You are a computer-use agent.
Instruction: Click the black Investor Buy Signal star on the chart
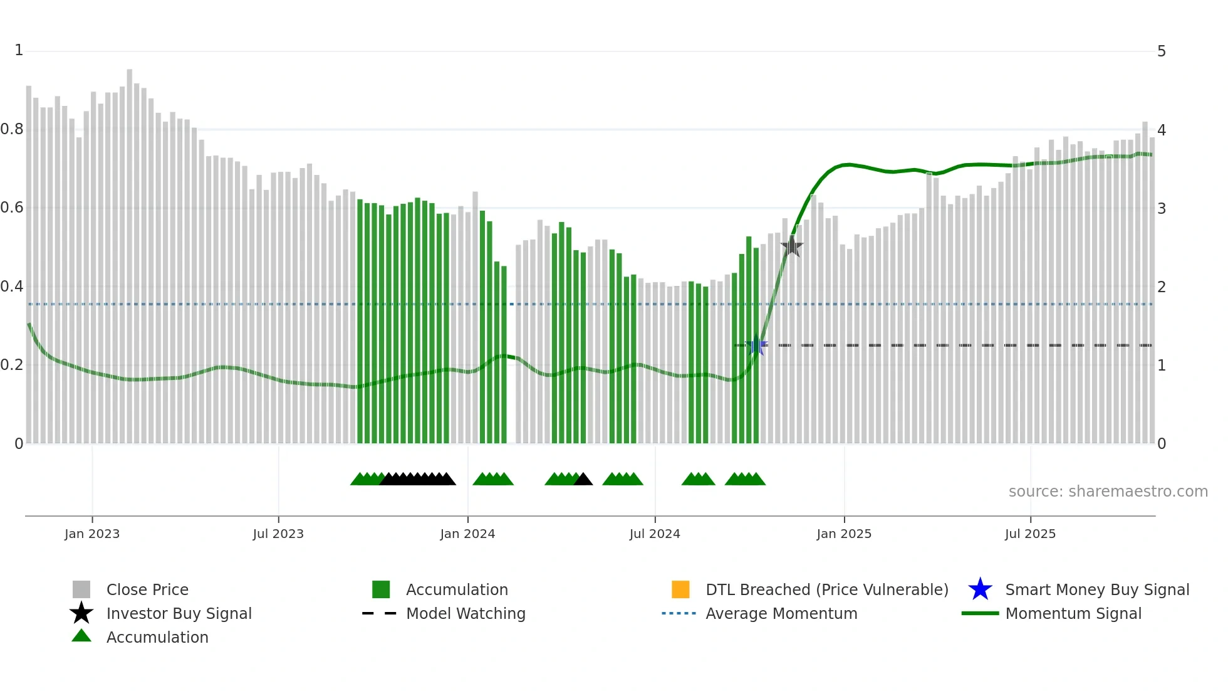(x=792, y=246)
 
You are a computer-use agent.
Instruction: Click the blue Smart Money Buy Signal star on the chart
(x=756, y=345)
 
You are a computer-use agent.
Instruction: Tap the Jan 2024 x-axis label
(x=467, y=534)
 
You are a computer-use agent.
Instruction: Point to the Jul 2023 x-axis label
(x=278, y=534)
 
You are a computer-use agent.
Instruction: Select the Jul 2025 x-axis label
(x=1030, y=534)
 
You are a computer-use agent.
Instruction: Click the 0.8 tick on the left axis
(x=12, y=129)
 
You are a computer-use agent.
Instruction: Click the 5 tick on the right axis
(x=1162, y=51)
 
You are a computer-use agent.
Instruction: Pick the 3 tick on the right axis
(x=1162, y=208)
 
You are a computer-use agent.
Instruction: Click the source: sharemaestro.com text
(x=1108, y=492)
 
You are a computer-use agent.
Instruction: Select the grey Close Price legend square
(x=81, y=589)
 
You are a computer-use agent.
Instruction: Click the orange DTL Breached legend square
(x=680, y=589)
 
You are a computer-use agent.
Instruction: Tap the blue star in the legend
(x=980, y=589)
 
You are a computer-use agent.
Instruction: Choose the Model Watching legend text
(x=466, y=613)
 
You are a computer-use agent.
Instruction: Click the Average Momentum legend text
(x=781, y=613)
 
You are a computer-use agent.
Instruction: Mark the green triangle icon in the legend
(x=81, y=636)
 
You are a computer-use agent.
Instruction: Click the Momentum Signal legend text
(x=1073, y=613)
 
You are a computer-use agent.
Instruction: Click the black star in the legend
(x=81, y=613)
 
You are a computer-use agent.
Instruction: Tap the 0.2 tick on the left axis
(x=12, y=365)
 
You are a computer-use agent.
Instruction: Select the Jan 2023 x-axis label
(x=92, y=534)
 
